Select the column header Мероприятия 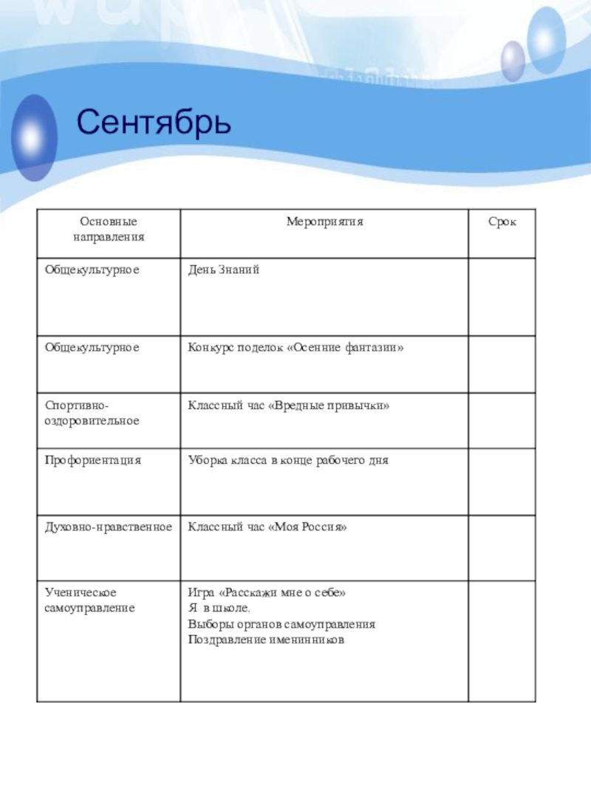coord(325,222)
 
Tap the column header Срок coord(502,222)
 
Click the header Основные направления coord(109,230)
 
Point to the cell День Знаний coord(224,271)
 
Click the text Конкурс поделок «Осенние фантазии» coord(295,346)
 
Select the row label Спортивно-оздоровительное coord(92,413)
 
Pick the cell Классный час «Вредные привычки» coord(288,406)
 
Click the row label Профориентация coord(93,460)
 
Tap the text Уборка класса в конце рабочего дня coord(288,460)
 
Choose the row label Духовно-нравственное coord(108,527)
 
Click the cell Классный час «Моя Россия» coord(267,527)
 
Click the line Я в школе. coord(219,609)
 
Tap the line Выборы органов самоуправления coord(281,624)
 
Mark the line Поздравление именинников coord(267,640)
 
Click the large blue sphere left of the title coord(31,137)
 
